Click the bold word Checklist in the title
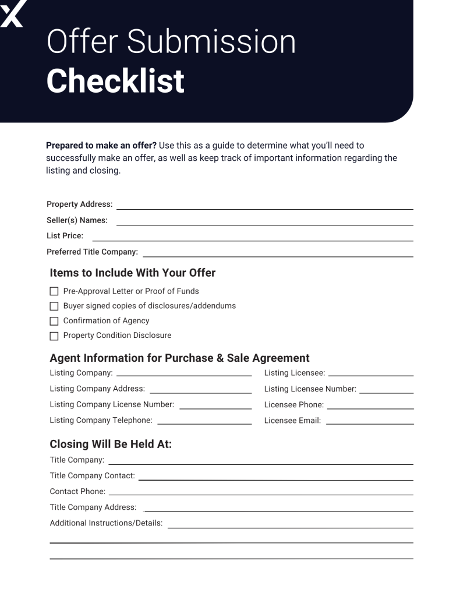(115, 81)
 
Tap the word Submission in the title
(211, 42)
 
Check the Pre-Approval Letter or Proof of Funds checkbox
(54, 291)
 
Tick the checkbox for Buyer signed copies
(54, 306)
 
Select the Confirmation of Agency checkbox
(54, 321)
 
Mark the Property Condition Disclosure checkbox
(54, 336)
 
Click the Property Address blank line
(264, 207)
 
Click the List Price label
(65, 236)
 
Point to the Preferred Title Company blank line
(278, 255)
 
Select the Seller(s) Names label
(77, 220)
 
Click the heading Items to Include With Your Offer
(133, 273)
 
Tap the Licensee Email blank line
(370, 423)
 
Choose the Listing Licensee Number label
(310, 389)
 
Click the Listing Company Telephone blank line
(204, 423)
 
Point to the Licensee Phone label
(293, 405)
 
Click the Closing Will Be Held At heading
(111, 444)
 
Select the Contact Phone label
(77, 492)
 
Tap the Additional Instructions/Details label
(106, 523)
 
